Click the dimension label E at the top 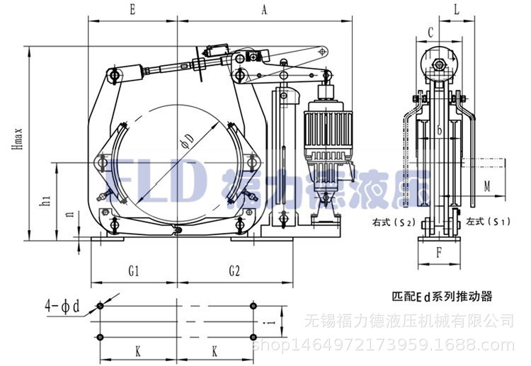click(132, 10)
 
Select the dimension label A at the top click(264, 10)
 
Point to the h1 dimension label click(45, 202)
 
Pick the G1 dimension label click(132, 270)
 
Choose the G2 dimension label click(235, 270)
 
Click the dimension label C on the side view click(430, 32)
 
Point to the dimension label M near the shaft click(487, 186)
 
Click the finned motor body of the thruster click(323, 131)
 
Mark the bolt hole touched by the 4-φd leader click(100, 307)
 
